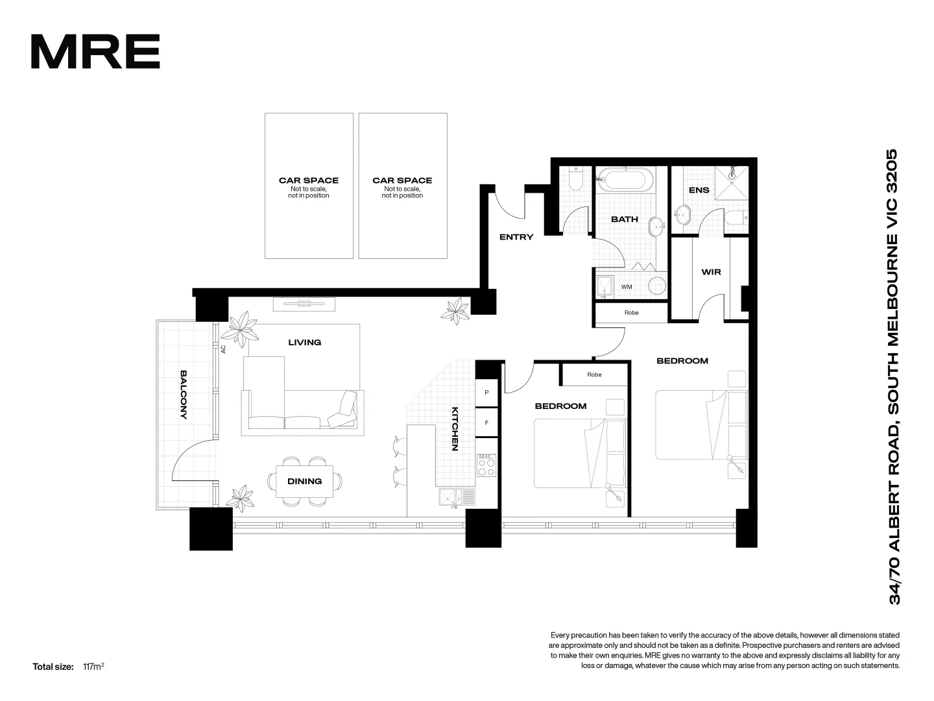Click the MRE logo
(x=95, y=52)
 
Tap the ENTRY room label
(x=516, y=237)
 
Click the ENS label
(x=699, y=190)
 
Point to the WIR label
(x=711, y=272)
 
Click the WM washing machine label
(x=627, y=286)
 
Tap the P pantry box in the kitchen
(x=486, y=393)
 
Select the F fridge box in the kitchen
(x=486, y=423)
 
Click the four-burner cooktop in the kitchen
(x=486, y=465)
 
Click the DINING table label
(x=304, y=481)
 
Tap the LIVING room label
(x=304, y=342)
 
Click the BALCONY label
(x=184, y=395)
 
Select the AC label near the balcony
(x=223, y=349)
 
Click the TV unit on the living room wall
(x=304, y=302)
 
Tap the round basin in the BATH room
(x=658, y=225)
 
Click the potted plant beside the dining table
(x=241, y=497)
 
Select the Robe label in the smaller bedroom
(x=594, y=375)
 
